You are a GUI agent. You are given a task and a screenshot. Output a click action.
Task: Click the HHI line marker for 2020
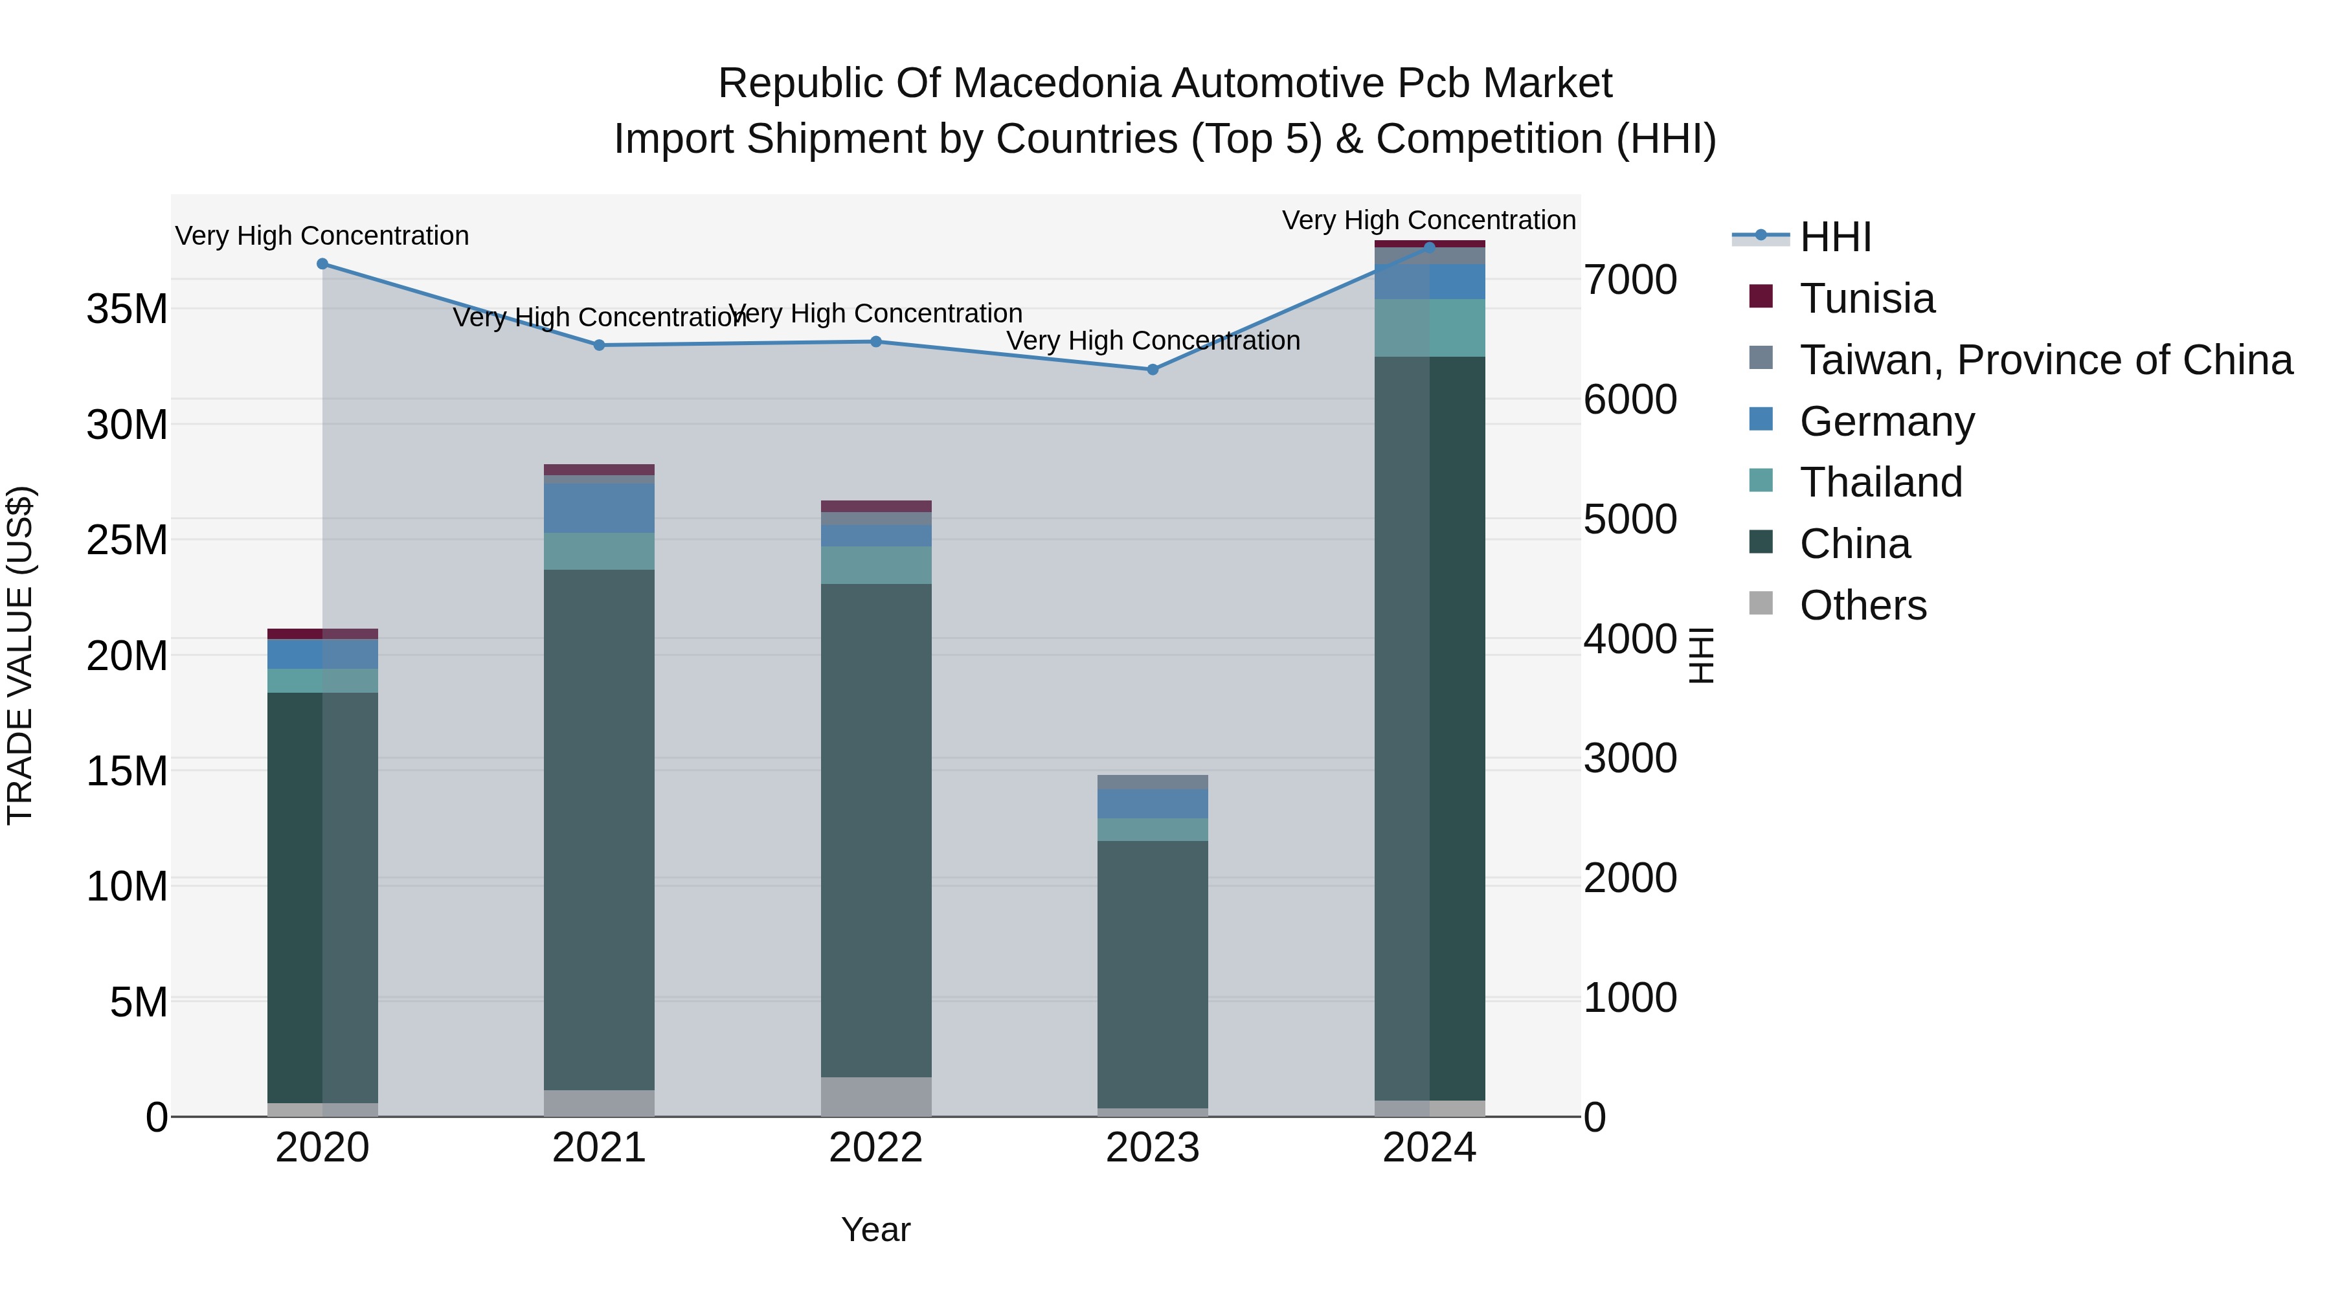point(322,264)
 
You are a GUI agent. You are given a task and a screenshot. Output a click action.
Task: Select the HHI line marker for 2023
point(1152,369)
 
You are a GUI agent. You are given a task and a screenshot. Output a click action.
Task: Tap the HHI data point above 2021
point(599,344)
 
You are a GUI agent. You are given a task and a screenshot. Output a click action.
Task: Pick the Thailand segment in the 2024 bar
point(1429,328)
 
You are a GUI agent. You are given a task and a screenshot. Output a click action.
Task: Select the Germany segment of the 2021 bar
point(599,508)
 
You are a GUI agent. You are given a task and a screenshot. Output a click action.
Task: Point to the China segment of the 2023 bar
point(1152,974)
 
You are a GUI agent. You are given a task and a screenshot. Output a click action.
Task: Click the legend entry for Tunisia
point(1866,298)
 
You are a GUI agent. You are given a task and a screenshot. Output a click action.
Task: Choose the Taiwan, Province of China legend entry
point(2045,360)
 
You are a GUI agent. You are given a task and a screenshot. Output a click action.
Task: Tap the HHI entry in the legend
point(1834,237)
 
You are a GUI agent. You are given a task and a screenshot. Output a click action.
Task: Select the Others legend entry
point(1862,605)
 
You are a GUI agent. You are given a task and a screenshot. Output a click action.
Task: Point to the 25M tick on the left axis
point(127,540)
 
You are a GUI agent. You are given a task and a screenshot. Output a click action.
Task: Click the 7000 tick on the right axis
point(1630,280)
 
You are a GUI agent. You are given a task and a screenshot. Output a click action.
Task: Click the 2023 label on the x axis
point(1152,1148)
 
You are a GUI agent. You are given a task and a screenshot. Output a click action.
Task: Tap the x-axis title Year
point(875,1229)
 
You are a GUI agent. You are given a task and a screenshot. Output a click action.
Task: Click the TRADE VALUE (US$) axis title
point(20,655)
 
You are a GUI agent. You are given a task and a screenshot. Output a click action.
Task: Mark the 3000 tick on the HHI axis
point(1630,758)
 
